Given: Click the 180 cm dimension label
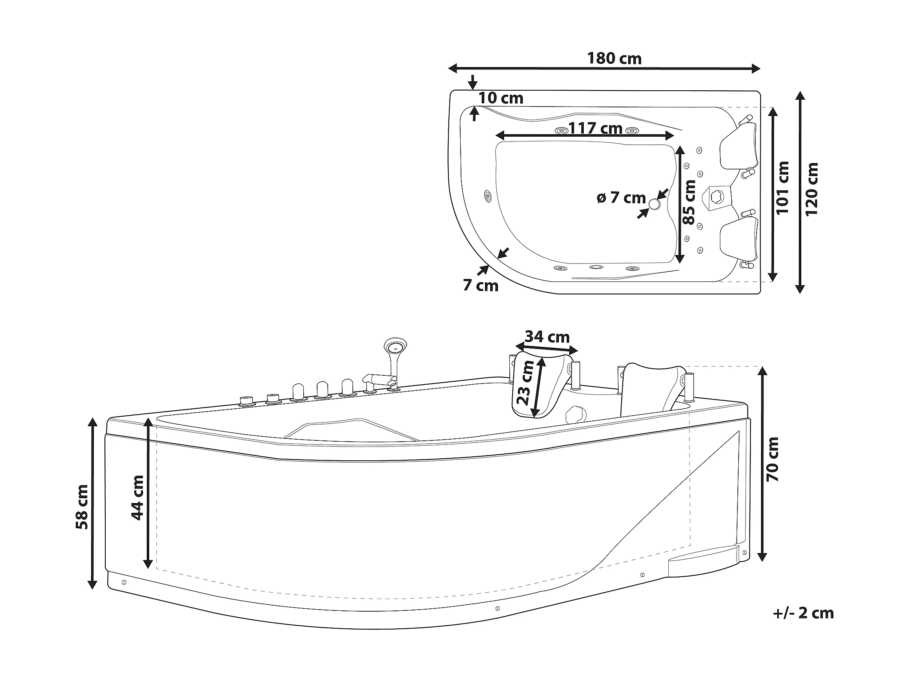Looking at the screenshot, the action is [614, 59].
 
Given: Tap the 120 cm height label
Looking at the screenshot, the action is [811, 190].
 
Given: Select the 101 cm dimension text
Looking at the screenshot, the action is [783, 188].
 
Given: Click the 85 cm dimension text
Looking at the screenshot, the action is [689, 202].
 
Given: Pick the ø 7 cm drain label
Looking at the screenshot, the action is [621, 198].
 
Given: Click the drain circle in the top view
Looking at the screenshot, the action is [654, 203].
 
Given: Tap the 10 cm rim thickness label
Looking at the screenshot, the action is [500, 98].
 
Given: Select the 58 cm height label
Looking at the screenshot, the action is [82, 507].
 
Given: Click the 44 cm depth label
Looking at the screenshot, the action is [137, 497].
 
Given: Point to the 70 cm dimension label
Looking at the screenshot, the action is [772, 459].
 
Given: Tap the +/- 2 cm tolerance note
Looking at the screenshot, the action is [803, 624].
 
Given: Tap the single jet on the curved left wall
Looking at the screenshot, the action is [488, 196].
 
